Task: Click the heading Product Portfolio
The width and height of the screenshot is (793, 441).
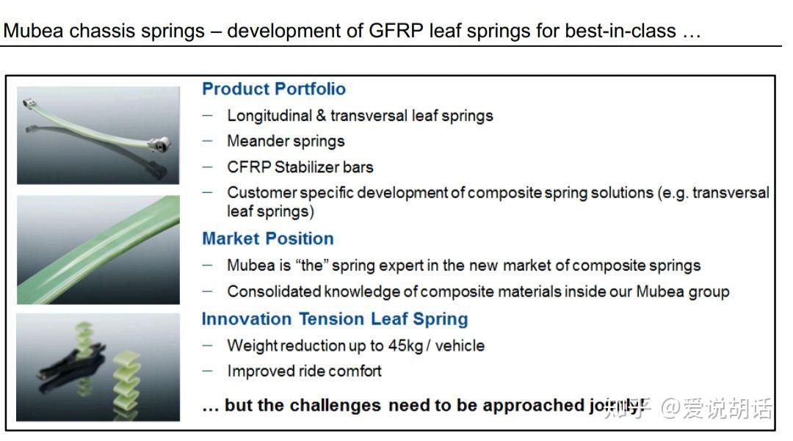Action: point(273,89)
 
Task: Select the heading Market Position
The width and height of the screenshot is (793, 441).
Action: point(267,238)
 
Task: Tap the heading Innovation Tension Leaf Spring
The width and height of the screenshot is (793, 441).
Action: point(335,319)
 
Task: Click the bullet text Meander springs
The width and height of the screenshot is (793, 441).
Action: point(286,141)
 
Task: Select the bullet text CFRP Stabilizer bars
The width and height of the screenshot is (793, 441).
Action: point(300,167)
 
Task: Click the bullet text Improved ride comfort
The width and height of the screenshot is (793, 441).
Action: point(304,371)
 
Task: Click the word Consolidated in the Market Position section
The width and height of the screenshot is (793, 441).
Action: point(274,291)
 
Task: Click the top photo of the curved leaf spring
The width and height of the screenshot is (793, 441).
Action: point(98,135)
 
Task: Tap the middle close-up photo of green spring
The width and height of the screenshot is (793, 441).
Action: point(98,249)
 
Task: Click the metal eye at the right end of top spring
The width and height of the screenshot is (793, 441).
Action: point(163,141)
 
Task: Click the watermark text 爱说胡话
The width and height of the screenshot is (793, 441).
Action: point(727,408)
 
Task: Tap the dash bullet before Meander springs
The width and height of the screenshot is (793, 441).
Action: point(209,141)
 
